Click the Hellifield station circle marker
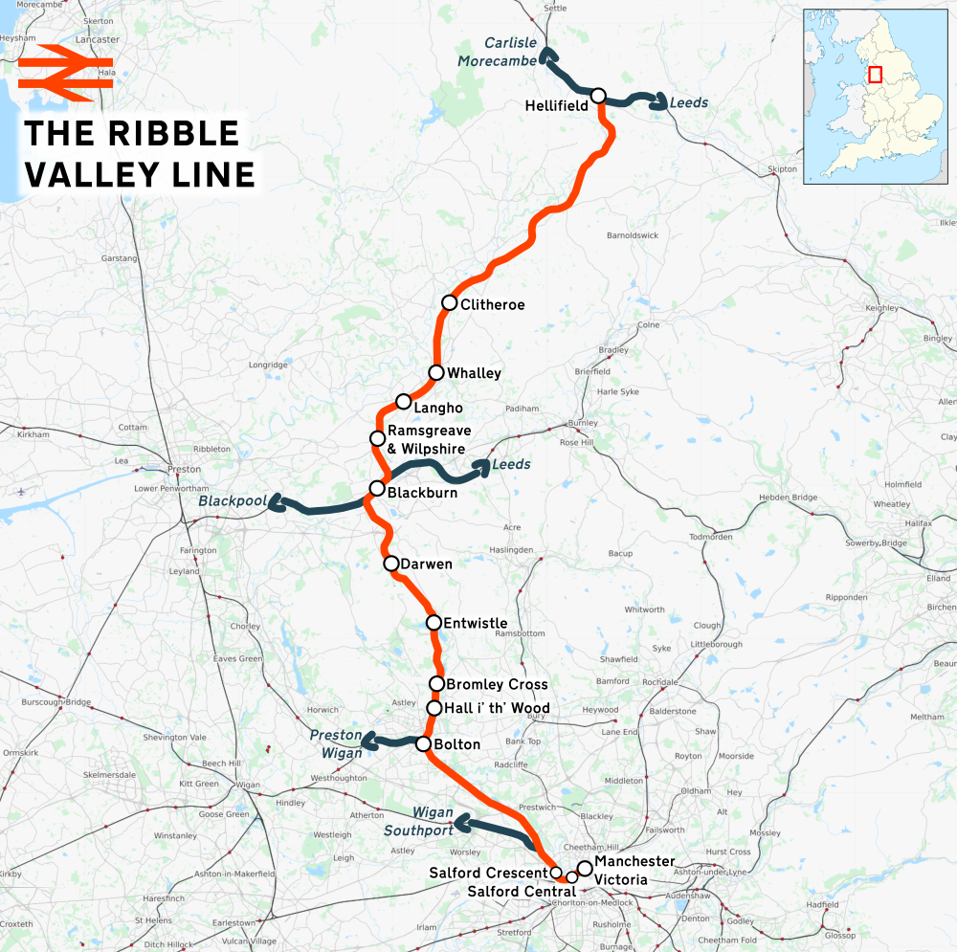point(598,96)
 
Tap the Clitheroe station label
point(492,305)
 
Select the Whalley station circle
point(436,372)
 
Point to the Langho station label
point(438,408)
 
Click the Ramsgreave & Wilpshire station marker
point(377,438)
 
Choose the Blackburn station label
point(422,493)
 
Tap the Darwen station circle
point(390,564)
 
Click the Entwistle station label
point(476,624)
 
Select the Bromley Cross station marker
point(436,683)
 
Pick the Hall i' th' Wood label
point(497,709)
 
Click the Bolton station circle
point(423,743)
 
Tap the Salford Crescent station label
point(488,873)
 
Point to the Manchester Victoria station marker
point(584,867)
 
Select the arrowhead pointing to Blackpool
point(275,502)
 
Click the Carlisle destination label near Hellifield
point(511,44)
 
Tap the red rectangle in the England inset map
point(875,75)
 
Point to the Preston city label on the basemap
point(184,469)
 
